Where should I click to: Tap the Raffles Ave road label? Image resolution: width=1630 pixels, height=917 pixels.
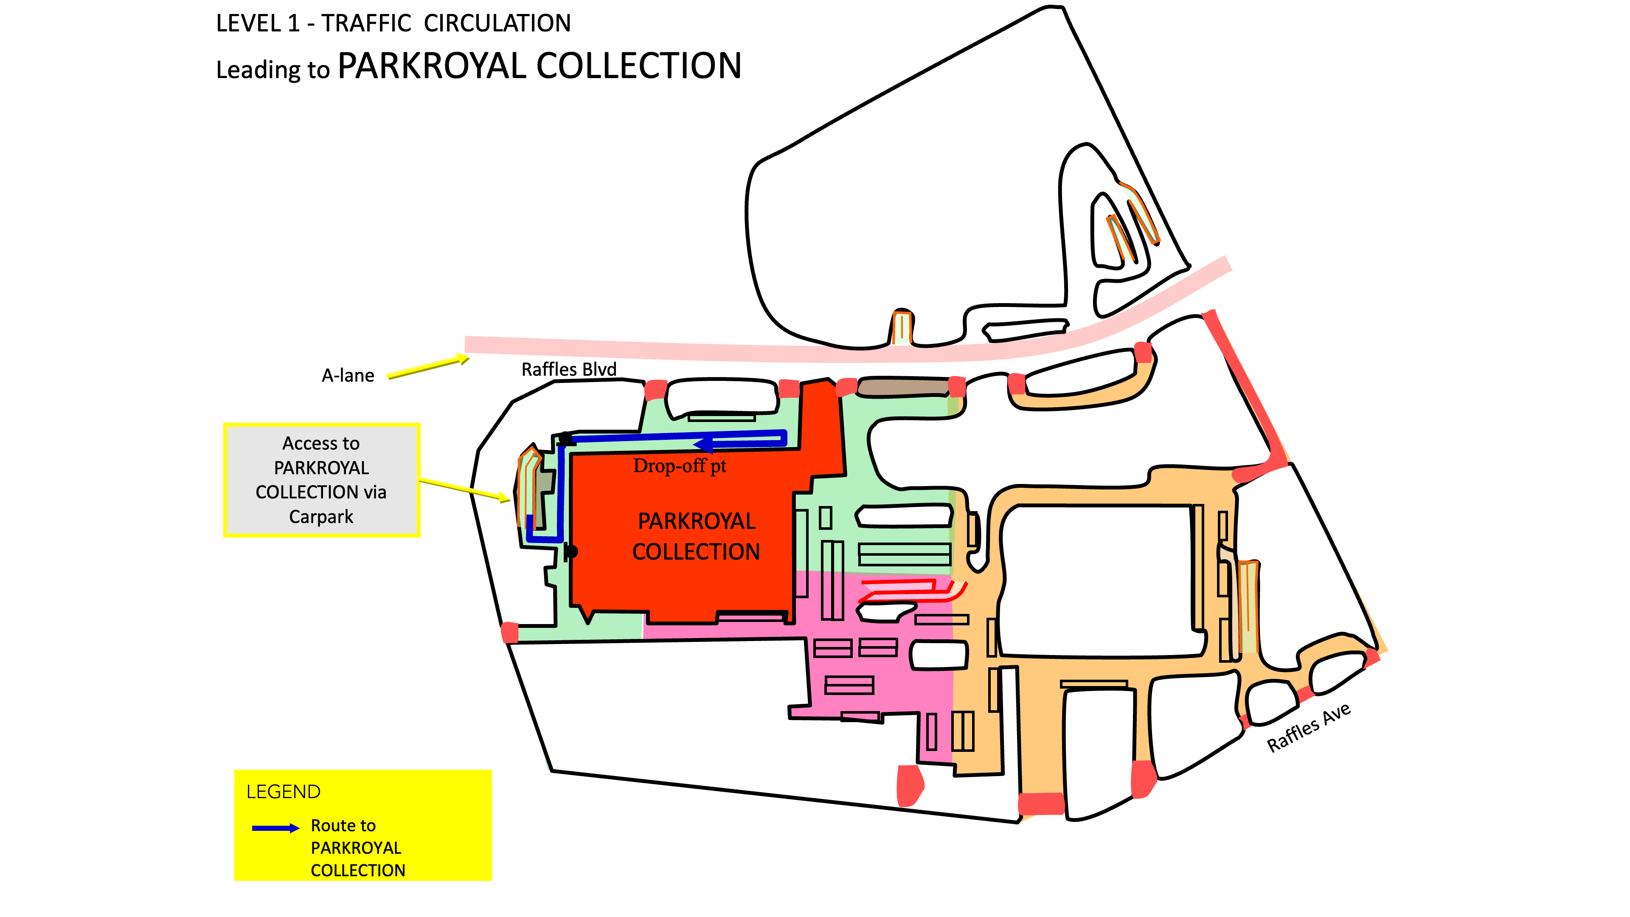tap(1309, 727)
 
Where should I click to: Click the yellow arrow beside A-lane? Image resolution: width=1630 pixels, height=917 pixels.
tap(428, 367)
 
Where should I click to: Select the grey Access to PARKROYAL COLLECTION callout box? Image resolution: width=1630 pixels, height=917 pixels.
tap(321, 480)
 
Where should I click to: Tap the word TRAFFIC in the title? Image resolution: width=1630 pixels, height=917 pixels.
tap(366, 23)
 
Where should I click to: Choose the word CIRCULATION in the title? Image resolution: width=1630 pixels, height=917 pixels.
tap(497, 23)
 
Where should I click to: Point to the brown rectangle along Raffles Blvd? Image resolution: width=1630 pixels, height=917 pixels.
tap(903, 387)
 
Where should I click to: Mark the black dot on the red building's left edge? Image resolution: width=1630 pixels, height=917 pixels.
tap(571, 552)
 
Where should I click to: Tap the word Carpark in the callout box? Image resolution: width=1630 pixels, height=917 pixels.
tap(321, 517)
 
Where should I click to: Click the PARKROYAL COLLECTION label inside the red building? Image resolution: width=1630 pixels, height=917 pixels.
tap(696, 536)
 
